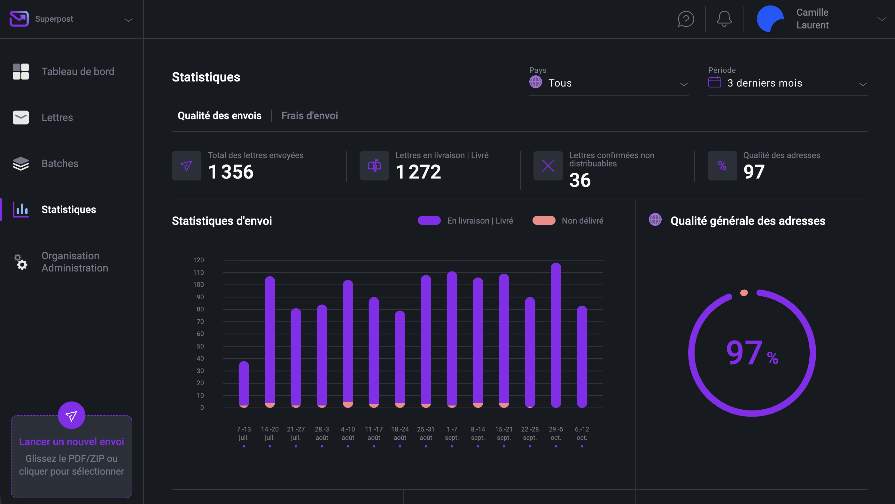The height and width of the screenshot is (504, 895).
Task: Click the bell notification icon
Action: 724,19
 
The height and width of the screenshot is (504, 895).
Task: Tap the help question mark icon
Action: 686,19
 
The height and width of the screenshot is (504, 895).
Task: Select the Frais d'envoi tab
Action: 309,116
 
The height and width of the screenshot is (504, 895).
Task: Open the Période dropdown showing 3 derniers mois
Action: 788,83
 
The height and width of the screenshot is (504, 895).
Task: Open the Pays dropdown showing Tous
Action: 609,83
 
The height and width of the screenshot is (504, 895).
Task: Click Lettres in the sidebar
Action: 57,118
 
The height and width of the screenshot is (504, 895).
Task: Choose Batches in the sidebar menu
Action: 60,164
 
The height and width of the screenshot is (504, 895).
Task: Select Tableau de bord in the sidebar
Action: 77,72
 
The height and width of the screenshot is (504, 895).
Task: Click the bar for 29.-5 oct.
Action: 556,335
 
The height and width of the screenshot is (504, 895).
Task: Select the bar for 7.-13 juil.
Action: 244,384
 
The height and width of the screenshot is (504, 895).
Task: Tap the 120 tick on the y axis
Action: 198,260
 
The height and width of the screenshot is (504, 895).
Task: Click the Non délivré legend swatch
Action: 544,221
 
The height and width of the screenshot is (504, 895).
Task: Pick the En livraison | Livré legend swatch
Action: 429,221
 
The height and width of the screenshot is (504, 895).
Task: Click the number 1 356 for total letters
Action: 231,172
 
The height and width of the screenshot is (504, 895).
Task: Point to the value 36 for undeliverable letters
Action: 580,180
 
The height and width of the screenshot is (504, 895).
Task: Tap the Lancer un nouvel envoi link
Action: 71,441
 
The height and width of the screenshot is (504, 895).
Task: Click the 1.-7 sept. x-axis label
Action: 452,433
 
